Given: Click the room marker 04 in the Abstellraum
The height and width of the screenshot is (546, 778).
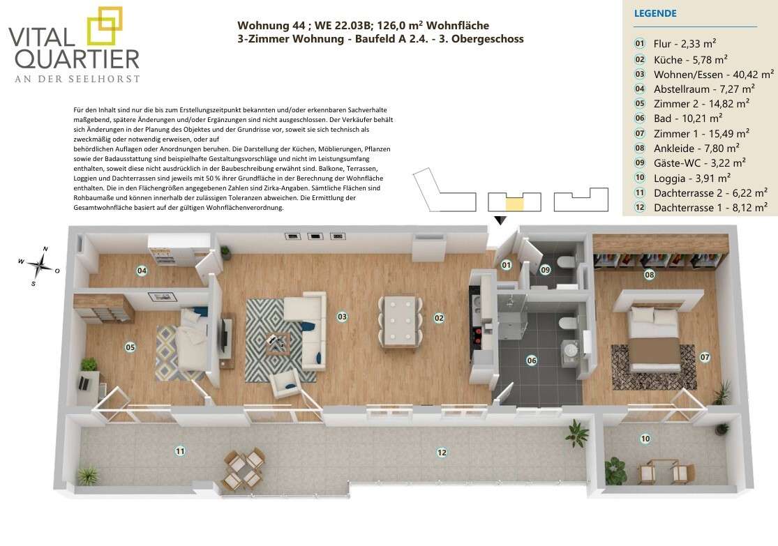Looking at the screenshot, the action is click(x=142, y=271).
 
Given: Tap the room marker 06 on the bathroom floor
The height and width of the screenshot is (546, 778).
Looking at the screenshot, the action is click(x=532, y=361).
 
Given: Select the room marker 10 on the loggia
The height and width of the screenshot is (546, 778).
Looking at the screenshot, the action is click(x=645, y=439).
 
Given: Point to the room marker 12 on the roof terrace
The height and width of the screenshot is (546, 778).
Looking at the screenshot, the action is click(x=442, y=453).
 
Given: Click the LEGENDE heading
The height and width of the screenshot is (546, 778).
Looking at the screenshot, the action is click(x=655, y=13).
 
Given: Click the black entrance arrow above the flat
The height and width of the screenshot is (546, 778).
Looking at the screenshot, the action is click(x=500, y=220).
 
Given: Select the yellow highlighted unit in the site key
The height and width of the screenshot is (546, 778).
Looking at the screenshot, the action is click(x=514, y=204).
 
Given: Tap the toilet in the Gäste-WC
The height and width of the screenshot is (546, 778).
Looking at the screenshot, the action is click(x=566, y=261).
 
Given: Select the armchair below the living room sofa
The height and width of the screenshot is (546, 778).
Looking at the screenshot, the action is click(x=285, y=384).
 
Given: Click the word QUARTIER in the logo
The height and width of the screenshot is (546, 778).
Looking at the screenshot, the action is click(x=77, y=59).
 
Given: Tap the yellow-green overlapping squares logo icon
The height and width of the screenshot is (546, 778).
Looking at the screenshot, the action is click(x=105, y=26).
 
